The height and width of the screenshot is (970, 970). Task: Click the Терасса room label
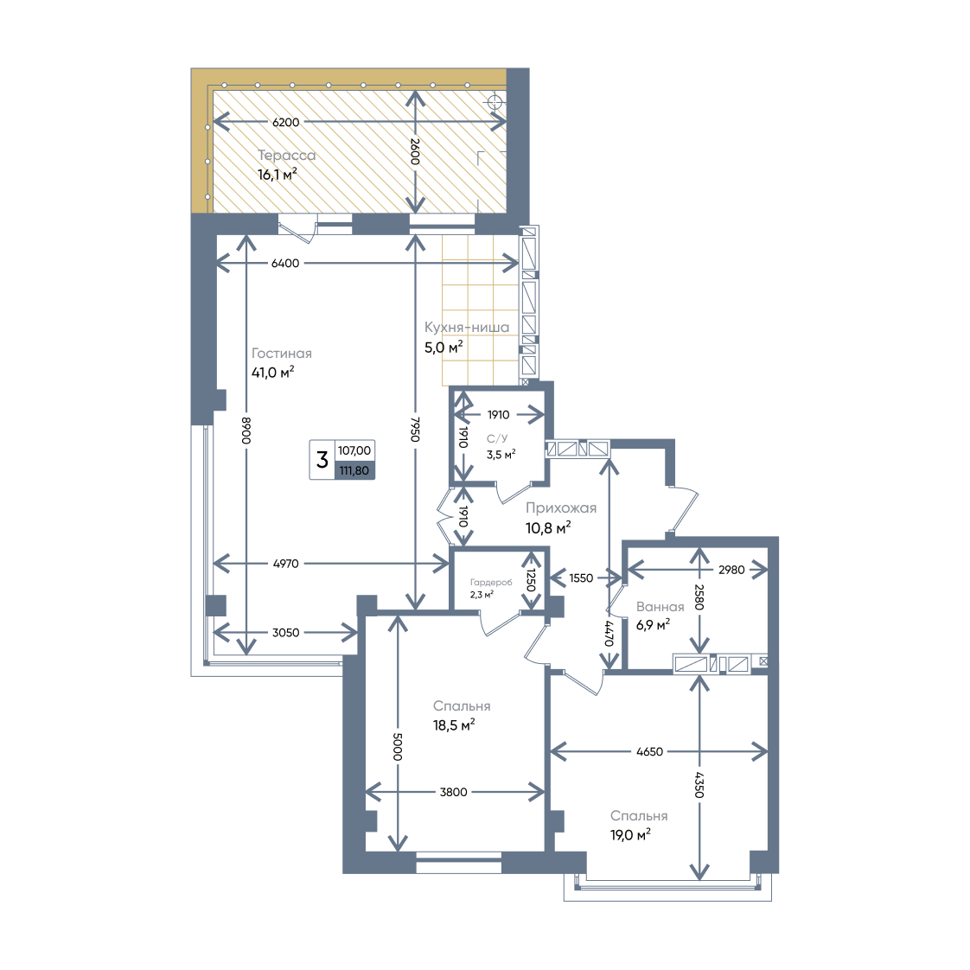click(x=286, y=156)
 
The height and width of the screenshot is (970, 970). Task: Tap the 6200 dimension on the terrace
click(x=286, y=122)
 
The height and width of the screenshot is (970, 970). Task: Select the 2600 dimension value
click(x=415, y=151)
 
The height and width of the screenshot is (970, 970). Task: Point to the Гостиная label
click(x=282, y=354)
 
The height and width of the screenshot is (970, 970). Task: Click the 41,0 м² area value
click(x=273, y=373)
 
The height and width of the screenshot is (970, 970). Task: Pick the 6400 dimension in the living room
click(x=285, y=263)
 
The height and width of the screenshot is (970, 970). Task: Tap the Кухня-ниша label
click(x=467, y=328)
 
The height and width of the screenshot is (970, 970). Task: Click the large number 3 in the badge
click(x=322, y=460)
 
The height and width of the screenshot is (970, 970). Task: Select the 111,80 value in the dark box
click(x=354, y=471)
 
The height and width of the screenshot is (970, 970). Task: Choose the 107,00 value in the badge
click(x=354, y=450)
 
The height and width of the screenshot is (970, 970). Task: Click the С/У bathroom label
click(x=497, y=438)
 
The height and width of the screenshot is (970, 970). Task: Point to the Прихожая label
click(x=561, y=507)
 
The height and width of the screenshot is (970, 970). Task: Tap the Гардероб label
click(x=491, y=582)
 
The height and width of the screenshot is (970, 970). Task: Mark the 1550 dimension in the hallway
click(x=581, y=578)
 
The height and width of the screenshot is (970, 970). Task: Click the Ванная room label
click(x=660, y=607)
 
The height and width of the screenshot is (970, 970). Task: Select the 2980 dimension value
click(x=731, y=570)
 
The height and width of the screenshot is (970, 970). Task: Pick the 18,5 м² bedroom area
click(x=454, y=725)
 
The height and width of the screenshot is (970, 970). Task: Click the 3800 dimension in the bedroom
click(x=454, y=792)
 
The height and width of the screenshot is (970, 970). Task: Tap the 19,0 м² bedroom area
click(x=630, y=835)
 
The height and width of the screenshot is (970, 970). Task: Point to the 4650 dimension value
click(x=649, y=751)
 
